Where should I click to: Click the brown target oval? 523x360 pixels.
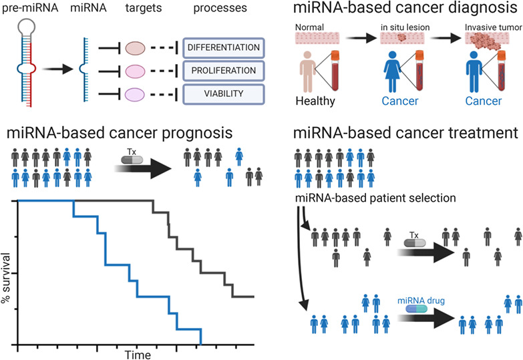point(136,48)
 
